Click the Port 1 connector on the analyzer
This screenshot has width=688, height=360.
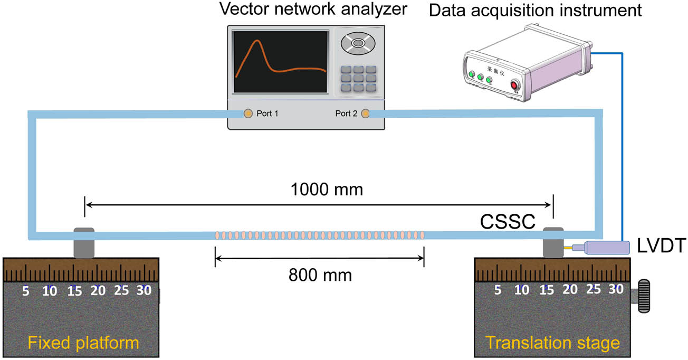pos(247,113)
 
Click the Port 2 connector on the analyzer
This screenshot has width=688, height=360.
pos(365,113)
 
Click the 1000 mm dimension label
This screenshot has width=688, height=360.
pos(327,190)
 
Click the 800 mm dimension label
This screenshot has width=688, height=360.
pos(320,274)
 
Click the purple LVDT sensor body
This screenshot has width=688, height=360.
pos(607,247)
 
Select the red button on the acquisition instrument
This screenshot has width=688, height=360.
pos(514,86)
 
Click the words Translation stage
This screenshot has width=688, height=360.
pos(552,343)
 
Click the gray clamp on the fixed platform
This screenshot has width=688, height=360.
pos(83,242)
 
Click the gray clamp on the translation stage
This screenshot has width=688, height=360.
pos(553,242)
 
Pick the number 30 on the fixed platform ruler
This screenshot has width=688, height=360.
pos(144,290)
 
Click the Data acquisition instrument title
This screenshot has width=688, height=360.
pos(535,11)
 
